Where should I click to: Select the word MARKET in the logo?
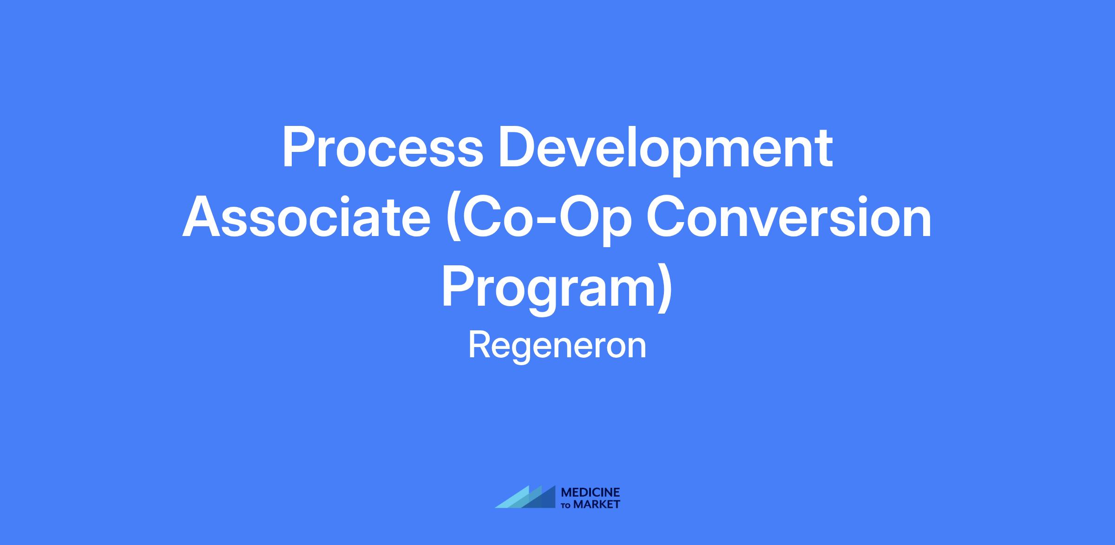click(x=597, y=505)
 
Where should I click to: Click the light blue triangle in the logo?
click(x=512, y=497)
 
